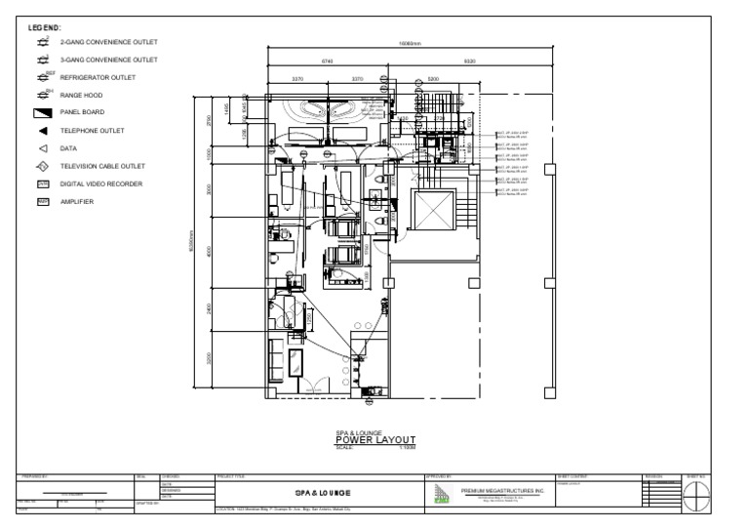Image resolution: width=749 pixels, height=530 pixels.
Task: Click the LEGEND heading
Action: [x=45, y=30]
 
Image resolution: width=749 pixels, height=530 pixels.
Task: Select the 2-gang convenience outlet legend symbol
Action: [x=43, y=43]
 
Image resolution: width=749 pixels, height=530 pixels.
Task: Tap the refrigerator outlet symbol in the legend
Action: [x=43, y=77]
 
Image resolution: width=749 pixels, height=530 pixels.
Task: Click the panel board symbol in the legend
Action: [x=43, y=112]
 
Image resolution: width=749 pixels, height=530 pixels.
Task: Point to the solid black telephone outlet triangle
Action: [x=43, y=131]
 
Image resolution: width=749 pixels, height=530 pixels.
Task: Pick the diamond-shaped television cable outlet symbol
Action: [x=43, y=166]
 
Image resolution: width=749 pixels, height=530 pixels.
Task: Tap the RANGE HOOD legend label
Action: [x=81, y=96]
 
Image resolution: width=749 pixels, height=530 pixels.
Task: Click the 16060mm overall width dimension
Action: [x=409, y=44]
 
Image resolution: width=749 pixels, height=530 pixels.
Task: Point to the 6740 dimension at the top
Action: [x=328, y=61]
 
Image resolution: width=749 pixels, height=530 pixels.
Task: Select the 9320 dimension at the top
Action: [x=469, y=61]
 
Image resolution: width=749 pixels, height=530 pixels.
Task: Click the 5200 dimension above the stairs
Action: [x=433, y=78]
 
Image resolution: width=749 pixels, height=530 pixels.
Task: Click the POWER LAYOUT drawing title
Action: [x=376, y=439]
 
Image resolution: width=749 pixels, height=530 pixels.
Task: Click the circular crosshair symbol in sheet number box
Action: [x=696, y=496]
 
